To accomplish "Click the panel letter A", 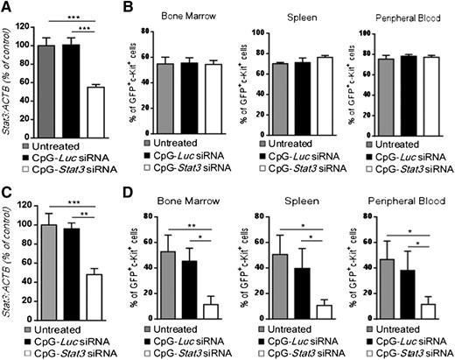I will (x=7, y=8).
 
